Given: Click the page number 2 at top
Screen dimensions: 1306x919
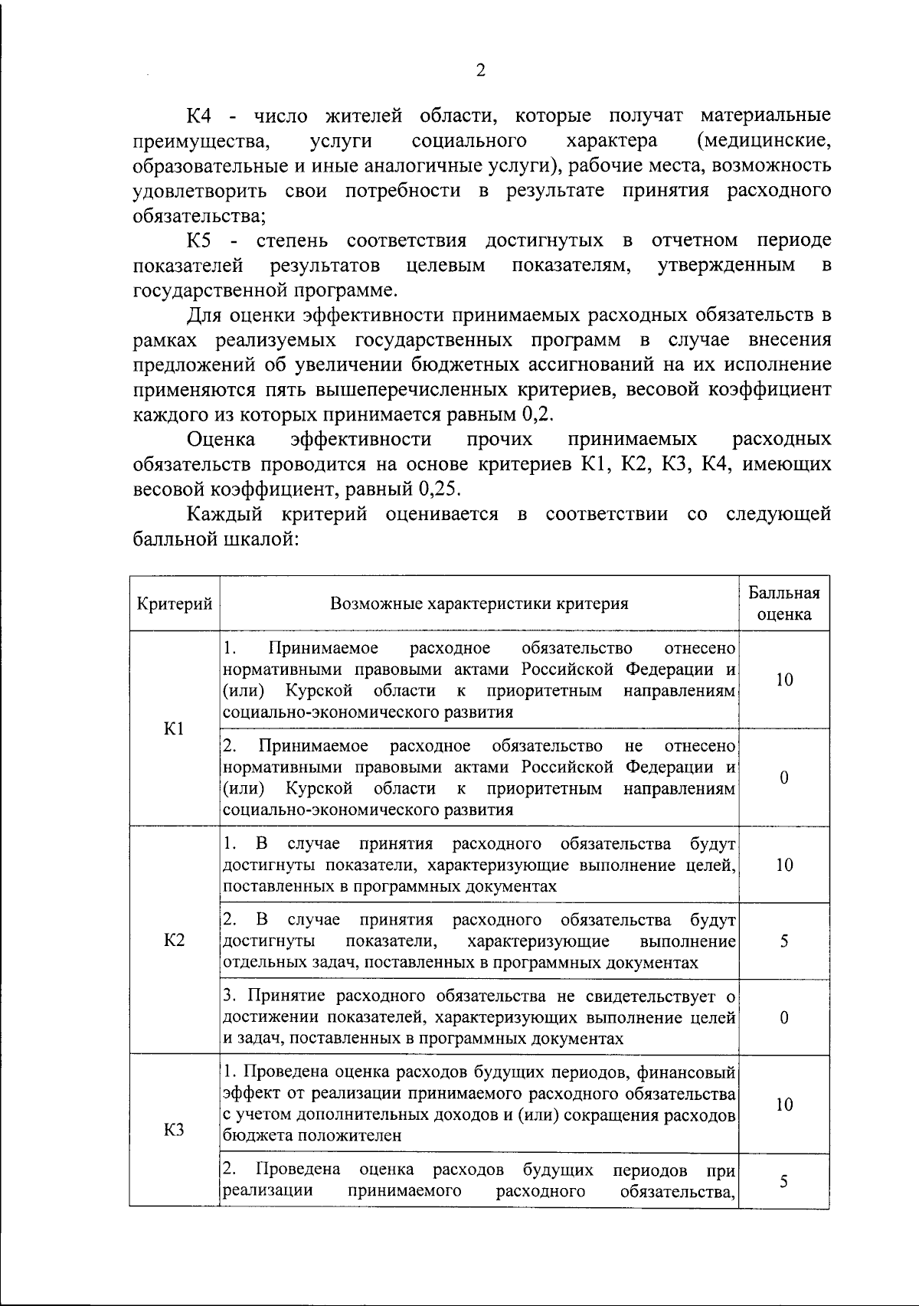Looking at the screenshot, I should point(480,70).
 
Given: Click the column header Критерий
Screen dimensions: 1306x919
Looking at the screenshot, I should point(174,604).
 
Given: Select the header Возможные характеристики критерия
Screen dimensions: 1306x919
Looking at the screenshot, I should point(479,604).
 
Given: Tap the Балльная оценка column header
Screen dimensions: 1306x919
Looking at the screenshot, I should point(783,604).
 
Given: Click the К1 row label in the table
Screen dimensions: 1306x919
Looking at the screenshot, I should point(174,728).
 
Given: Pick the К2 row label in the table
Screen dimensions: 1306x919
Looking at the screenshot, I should point(174,940).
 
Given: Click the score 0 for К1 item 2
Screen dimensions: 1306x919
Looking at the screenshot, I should point(783,777).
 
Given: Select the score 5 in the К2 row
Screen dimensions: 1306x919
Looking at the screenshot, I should point(783,941).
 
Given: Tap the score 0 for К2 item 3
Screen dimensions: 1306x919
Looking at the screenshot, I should point(783,1017).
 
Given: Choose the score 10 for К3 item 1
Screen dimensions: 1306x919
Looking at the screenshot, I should point(783,1104).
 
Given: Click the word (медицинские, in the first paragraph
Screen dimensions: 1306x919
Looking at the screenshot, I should point(764,141).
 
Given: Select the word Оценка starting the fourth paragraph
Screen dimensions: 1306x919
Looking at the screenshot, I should point(221,439).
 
